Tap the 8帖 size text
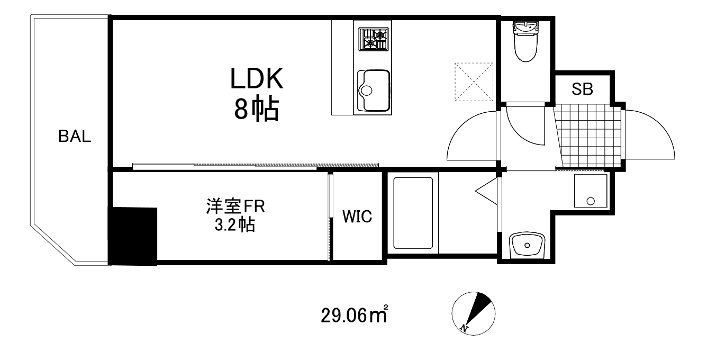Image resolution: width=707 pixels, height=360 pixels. (x=257, y=110)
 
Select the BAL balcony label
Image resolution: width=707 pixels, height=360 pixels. (x=75, y=137)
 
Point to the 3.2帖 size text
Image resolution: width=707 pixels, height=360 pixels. (x=235, y=225)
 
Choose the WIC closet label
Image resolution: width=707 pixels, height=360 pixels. (x=357, y=217)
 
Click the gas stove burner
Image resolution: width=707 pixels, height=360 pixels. (x=374, y=40)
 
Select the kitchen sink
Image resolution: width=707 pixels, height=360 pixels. (x=374, y=91)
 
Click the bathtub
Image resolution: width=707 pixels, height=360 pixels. (x=413, y=214)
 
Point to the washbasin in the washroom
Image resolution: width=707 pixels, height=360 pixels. (x=527, y=245)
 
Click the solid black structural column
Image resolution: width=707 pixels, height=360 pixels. (x=133, y=236)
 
